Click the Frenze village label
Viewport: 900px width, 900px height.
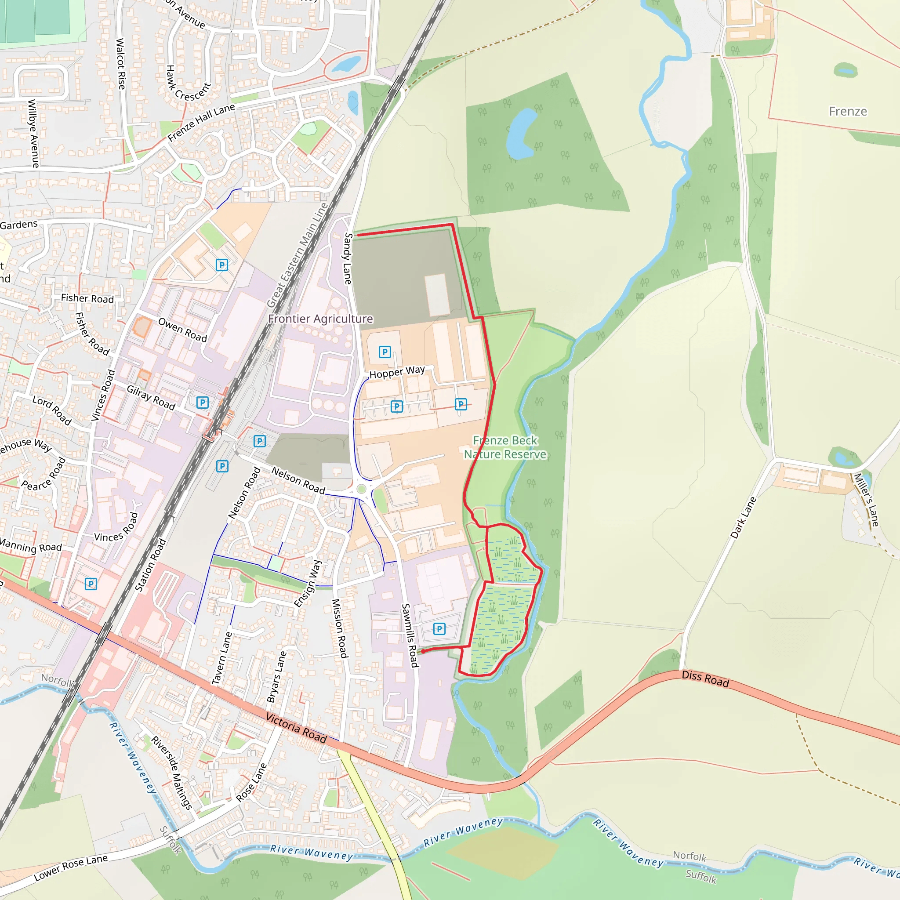[x=847, y=111]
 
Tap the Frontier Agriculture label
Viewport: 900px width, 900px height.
[x=320, y=319]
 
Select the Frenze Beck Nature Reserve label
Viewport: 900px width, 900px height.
[x=505, y=447]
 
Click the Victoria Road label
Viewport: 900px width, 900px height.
[x=296, y=727]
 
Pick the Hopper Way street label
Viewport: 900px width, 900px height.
[x=397, y=372]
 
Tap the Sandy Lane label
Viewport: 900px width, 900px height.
[x=348, y=258]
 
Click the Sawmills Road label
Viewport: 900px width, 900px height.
[x=410, y=635]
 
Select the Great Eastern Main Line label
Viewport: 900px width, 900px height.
[x=297, y=255]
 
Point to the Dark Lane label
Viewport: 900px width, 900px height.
[x=743, y=518]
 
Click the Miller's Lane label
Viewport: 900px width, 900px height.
[x=866, y=499]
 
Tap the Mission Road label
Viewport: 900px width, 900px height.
[x=340, y=628]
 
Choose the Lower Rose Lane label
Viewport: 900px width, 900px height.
[x=71, y=868]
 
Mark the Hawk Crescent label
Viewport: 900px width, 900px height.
[x=188, y=84]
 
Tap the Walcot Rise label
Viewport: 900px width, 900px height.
[x=121, y=64]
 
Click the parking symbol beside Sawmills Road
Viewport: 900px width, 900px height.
[x=439, y=629]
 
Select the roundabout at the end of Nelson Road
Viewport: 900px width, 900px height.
[x=361, y=489]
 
